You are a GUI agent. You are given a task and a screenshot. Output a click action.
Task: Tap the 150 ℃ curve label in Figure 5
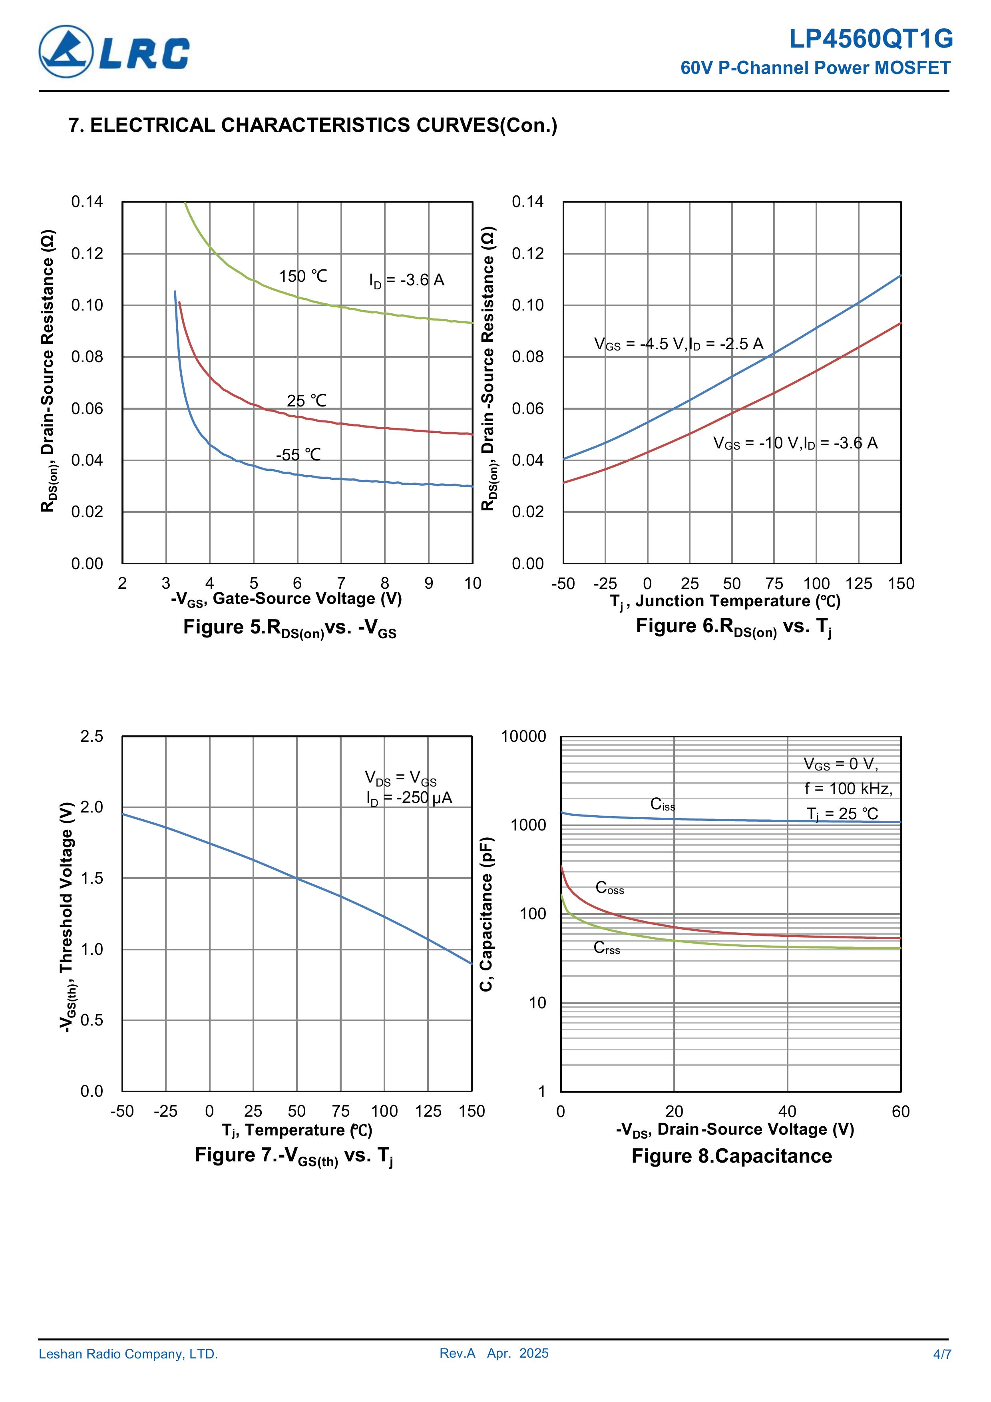click(x=303, y=277)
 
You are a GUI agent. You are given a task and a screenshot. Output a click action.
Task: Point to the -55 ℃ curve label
click(x=298, y=455)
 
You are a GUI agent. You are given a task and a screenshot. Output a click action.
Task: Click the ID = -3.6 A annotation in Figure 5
click(x=406, y=280)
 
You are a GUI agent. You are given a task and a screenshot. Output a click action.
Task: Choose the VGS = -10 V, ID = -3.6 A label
click(x=795, y=443)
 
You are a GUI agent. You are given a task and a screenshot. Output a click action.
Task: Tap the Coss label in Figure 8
click(x=609, y=888)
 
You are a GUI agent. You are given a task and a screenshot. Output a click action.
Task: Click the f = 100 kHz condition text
click(x=848, y=789)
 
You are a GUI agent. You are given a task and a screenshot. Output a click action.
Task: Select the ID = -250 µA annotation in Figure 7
click(x=409, y=798)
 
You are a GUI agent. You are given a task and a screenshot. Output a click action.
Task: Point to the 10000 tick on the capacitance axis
click(x=523, y=737)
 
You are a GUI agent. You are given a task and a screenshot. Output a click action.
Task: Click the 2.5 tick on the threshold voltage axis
click(x=92, y=737)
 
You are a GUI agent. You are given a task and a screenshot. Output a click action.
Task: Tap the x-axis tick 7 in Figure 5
click(x=341, y=583)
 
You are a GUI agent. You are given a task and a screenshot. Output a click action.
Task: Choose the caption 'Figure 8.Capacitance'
click(x=732, y=1157)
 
